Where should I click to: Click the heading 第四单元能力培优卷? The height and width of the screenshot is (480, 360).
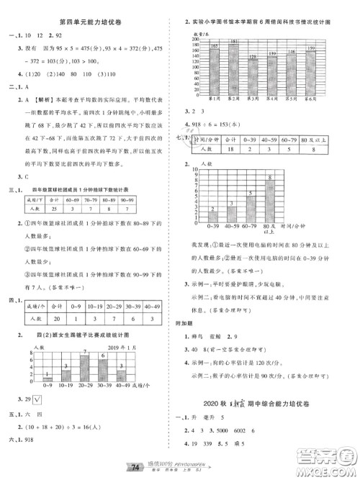(90, 24)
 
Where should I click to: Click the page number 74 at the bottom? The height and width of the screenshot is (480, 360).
(174, 468)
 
